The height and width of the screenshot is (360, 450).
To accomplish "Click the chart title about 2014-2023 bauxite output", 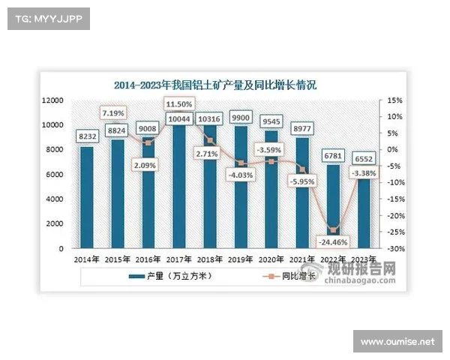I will click(x=215, y=85).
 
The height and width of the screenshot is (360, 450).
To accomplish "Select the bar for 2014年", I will click(x=87, y=196).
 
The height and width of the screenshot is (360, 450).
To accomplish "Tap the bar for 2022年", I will click(x=333, y=205).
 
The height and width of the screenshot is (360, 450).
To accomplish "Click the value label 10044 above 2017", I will click(x=179, y=119).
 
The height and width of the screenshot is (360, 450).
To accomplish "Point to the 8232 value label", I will click(x=87, y=136).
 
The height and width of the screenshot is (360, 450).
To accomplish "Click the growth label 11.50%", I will click(x=179, y=103).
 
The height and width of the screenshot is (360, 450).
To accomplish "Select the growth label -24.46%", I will click(x=330, y=242).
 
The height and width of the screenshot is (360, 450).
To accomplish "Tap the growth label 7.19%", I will click(x=115, y=112).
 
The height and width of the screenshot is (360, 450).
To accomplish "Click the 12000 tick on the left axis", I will click(x=52, y=100).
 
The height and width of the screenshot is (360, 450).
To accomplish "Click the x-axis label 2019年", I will click(x=241, y=259).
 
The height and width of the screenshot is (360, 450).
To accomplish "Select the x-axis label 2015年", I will click(x=118, y=259).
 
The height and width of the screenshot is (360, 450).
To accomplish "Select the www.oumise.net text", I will click(x=397, y=342).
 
